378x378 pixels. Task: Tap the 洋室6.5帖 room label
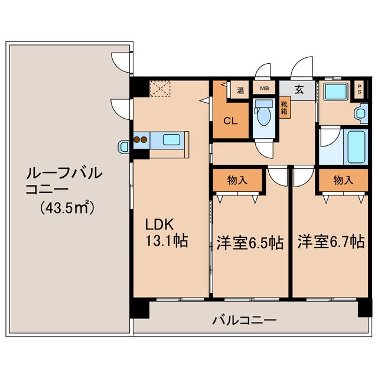pyautogui.click(x=249, y=242)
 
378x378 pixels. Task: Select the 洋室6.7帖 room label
pyautogui.click(x=330, y=242)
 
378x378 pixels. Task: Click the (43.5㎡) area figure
pyautogui.click(x=68, y=208)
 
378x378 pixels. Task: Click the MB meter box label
pyautogui.click(x=265, y=89)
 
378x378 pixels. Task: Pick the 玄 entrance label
pyautogui.click(x=299, y=90)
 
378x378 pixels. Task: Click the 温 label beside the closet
pyautogui.click(x=240, y=90)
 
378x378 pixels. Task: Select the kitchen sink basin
pyautogui.click(x=172, y=141)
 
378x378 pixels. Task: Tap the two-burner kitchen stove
pyautogui.click(x=141, y=141)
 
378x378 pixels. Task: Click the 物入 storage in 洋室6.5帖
pyautogui.click(x=237, y=180)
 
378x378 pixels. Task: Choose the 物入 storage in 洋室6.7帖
pyautogui.click(x=343, y=180)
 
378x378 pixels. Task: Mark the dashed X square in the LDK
pyautogui.click(x=160, y=89)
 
